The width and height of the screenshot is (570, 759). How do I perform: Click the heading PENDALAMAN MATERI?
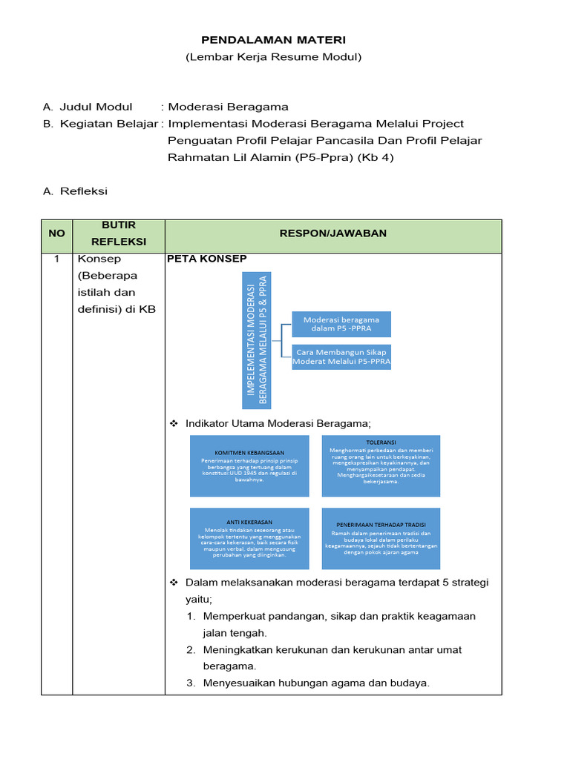click(x=273, y=39)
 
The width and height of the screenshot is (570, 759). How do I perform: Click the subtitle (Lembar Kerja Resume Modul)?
click(x=273, y=57)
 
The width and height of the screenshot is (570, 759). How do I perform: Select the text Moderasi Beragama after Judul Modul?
click(x=229, y=107)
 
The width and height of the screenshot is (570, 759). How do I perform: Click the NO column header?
click(x=56, y=233)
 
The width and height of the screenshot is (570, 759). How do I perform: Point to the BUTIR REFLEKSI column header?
click(x=118, y=233)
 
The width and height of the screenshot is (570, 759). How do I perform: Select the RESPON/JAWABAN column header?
click(x=332, y=233)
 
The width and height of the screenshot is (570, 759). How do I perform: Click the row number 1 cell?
click(x=56, y=259)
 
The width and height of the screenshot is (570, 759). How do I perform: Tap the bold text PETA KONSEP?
click(x=207, y=259)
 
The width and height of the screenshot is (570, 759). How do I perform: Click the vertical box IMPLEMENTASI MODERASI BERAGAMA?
click(x=257, y=341)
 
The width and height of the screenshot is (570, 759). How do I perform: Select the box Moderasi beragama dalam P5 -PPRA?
click(x=341, y=325)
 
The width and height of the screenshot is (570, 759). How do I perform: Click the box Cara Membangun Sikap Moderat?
click(x=341, y=357)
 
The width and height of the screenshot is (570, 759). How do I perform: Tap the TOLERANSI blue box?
click(x=381, y=465)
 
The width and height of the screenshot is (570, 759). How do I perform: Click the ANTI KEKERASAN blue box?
click(x=249, y=539)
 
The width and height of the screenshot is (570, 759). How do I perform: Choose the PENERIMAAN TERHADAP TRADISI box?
click(x=381, y=539)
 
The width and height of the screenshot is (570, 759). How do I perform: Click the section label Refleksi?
click(x=84, y=191)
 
